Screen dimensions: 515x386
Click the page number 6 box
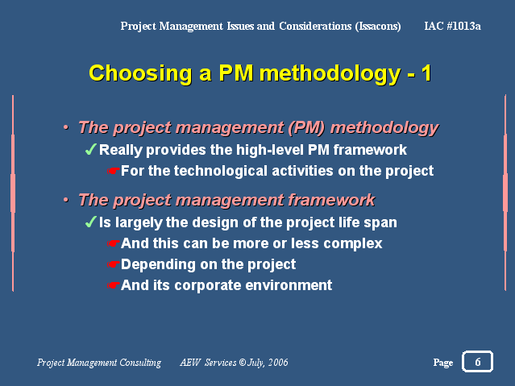point(477,361)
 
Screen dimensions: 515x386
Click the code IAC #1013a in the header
point(452,26)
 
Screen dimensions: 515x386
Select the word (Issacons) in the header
point(378,27)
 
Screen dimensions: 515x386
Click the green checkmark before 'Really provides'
point(90,149)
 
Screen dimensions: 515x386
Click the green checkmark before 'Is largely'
point(90,222)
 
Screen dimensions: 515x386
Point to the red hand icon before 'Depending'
point(114,264)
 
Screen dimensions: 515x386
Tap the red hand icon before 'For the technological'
point(114,171)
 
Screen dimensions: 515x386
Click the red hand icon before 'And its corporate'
point(114,285)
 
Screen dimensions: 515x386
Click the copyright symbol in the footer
point(243,363)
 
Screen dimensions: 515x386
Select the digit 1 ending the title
point(426,73)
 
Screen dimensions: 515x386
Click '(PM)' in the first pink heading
point(306,127)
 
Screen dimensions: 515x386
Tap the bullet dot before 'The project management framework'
point(66,199)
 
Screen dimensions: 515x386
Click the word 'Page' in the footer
point(443,363)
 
